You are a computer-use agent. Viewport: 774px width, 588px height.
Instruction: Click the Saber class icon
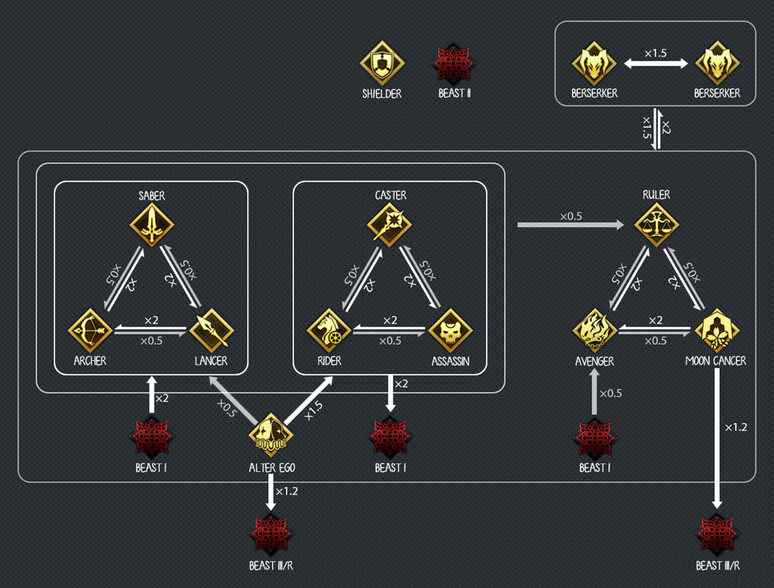152,225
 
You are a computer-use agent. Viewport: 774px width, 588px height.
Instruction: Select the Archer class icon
90,331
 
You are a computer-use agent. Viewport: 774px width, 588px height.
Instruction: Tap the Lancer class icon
212,331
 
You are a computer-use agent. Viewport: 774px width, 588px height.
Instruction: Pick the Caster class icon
390,225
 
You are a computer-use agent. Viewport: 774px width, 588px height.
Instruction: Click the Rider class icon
329,331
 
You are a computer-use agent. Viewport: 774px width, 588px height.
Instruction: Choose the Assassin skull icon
451,331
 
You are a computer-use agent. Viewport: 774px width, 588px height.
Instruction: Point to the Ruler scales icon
656,225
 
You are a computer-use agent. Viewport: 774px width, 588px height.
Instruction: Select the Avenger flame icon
595,331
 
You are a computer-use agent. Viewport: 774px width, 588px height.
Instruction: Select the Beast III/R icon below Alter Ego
271,535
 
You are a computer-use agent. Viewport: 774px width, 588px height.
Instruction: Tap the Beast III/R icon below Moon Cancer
717,535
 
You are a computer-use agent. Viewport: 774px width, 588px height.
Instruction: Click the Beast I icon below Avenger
595,439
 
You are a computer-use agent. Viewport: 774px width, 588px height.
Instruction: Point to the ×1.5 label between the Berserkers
656,53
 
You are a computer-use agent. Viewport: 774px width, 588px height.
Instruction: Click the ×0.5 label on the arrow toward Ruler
570,216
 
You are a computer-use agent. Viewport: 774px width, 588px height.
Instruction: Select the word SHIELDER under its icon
381,93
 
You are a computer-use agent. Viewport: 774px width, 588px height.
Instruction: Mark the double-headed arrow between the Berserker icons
656,64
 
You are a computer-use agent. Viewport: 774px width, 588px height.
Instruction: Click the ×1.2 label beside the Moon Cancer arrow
736,427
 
